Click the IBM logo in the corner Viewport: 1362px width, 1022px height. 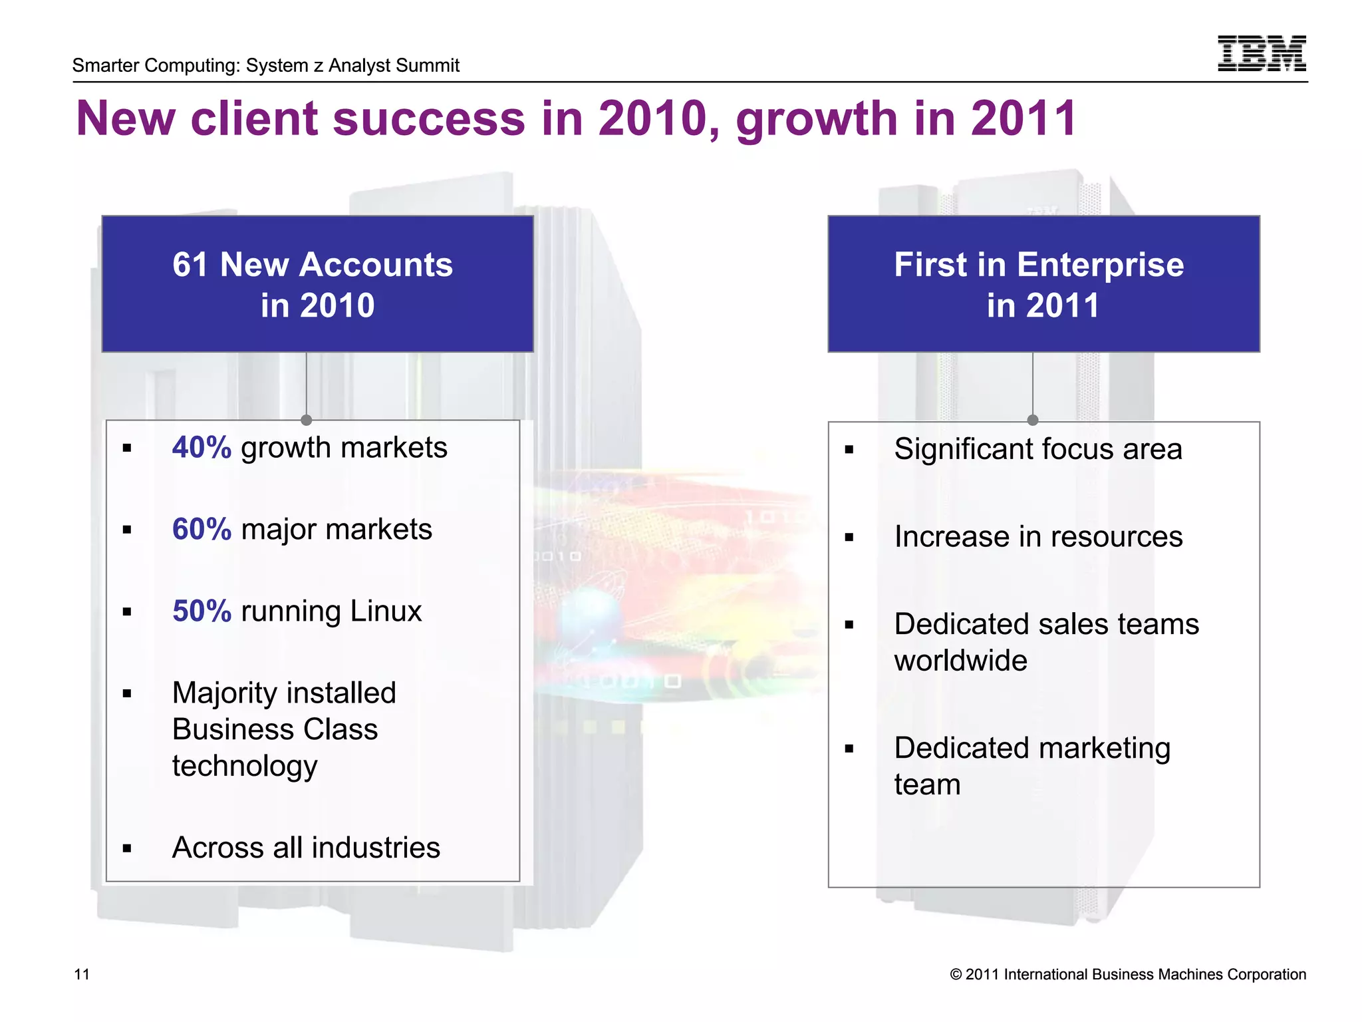tap(1261, 53)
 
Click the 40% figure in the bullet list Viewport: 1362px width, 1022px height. tap(202, 448)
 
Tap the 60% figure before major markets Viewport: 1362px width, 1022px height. tap(202, 530)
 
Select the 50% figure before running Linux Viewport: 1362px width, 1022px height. tap(202, 611)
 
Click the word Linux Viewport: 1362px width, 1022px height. tap(386, 611)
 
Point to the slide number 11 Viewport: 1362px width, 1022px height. tap(81, 975)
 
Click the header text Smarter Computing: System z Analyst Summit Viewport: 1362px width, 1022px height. tap(266, 65)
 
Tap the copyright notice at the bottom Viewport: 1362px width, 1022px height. tap(1128, 975)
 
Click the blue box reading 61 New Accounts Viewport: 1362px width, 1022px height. tap(317, 284)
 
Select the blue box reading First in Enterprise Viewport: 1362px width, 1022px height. tap(1043, 284)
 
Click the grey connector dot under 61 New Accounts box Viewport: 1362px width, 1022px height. tap(307, 420)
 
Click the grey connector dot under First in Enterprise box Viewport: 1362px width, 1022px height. tap(1033, 420)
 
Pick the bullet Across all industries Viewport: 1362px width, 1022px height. tap(306, 848)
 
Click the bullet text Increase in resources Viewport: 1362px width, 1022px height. tap(1038, 537)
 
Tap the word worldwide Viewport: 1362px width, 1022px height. tap(960, 661)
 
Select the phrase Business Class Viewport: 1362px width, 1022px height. tap(275, 730)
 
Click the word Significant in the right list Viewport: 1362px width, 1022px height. tap(962, 449)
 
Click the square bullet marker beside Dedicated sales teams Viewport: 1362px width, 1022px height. tap(849, 625)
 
